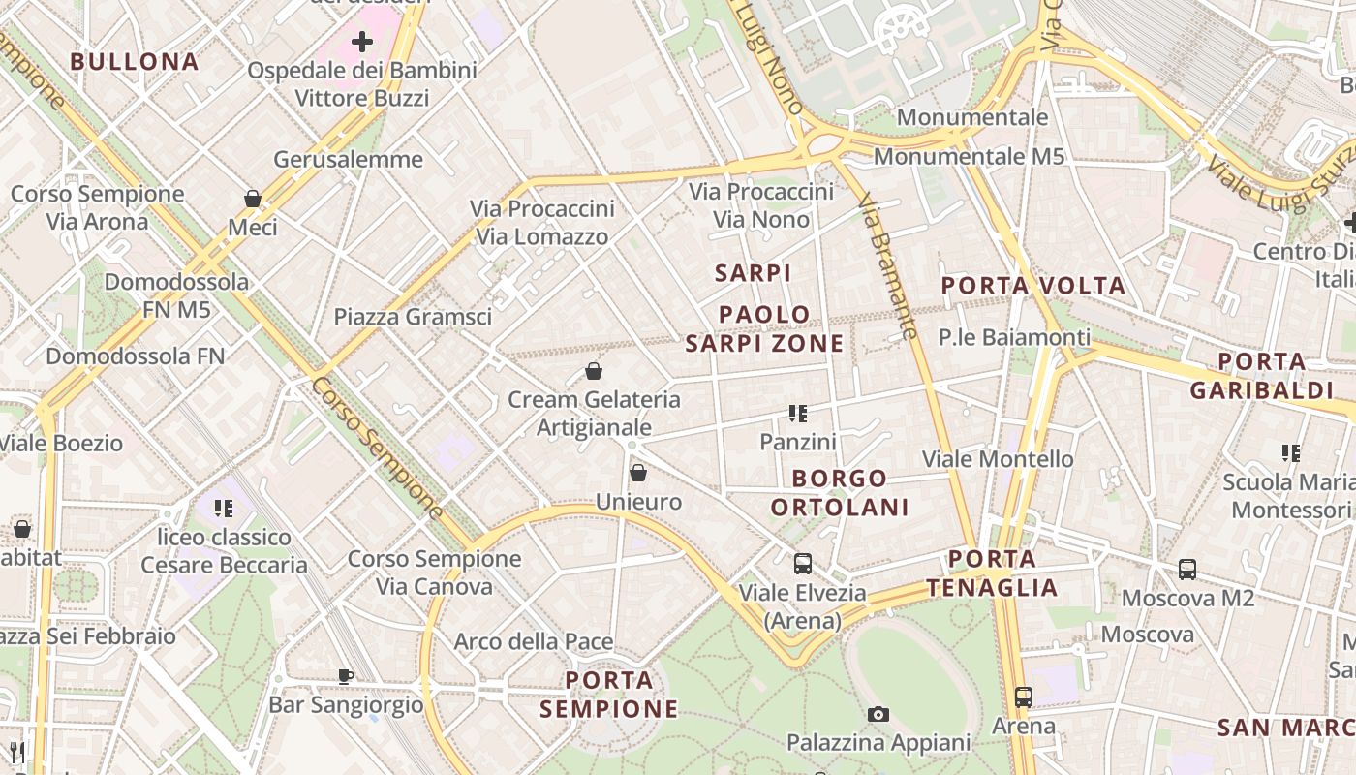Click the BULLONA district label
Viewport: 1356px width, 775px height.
135,62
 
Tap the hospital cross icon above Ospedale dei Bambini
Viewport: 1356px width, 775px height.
362,42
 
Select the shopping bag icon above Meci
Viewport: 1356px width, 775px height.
253,199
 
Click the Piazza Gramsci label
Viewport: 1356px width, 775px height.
413,317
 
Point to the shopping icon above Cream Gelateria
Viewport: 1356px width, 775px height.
594,371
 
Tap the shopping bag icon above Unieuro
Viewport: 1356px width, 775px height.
638,473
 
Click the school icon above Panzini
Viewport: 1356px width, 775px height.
798,414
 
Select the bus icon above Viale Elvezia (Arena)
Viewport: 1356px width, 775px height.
803,564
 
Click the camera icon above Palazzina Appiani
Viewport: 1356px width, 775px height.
878,715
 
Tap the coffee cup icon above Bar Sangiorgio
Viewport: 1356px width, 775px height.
346,676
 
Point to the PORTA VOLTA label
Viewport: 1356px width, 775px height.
1033,286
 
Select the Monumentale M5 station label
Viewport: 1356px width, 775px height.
969,156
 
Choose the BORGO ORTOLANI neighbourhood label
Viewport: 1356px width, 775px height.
840,493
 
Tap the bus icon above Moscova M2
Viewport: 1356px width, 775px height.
1187,570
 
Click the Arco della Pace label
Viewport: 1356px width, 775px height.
534,641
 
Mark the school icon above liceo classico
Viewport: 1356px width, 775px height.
225,508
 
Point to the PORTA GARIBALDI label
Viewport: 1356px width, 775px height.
1261,376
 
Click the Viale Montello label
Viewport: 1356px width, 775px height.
998,458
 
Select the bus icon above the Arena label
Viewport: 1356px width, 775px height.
1024,697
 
